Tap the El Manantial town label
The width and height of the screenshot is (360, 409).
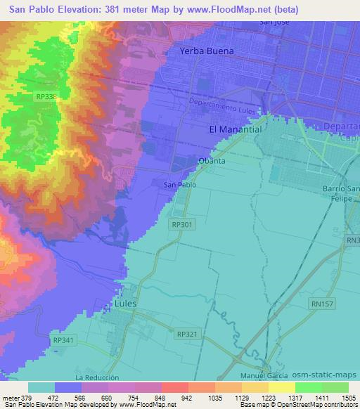coord(236,130)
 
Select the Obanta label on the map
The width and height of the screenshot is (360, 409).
coord(212,161)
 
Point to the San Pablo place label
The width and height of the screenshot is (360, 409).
coord(179,185)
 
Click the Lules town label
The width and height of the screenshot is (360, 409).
coord(124,304)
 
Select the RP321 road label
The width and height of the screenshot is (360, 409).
coord(187,335)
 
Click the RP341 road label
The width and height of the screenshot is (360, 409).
coord(63,339)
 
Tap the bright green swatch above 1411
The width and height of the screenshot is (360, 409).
coord(309,387)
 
